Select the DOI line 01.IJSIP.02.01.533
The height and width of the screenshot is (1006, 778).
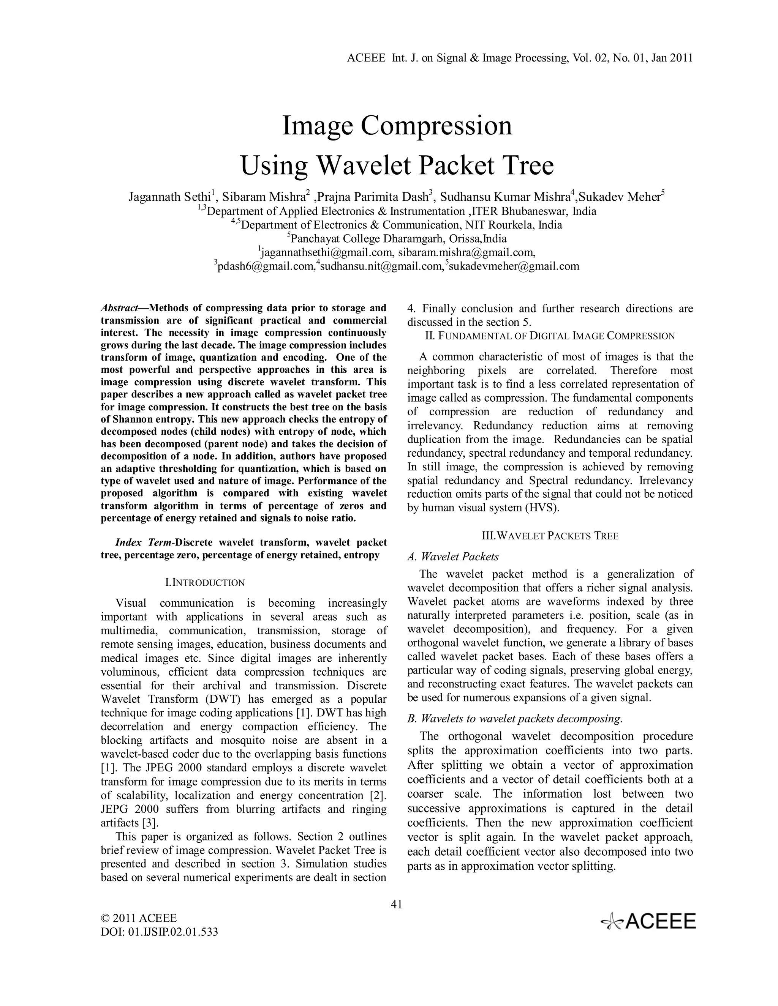pos(159,932)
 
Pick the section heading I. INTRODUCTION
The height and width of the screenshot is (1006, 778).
pos(205,583)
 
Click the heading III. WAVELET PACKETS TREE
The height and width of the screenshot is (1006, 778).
pos(550,536)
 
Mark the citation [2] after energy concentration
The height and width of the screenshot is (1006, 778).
pos(378,795)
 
